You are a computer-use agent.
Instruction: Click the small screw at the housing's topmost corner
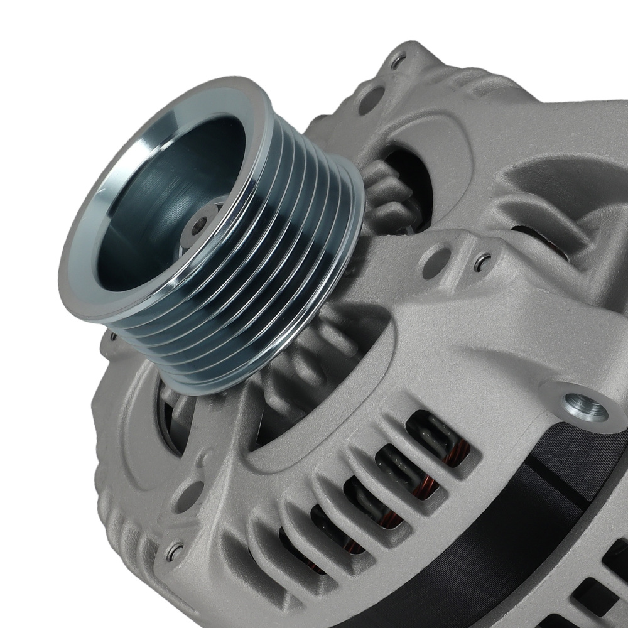pyautogui.click(x=397, y=61)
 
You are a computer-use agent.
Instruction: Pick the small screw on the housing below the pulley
pyautogui.click(x=174, y=552)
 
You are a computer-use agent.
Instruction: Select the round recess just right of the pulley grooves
pyautogui.click(x=436, y=264)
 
